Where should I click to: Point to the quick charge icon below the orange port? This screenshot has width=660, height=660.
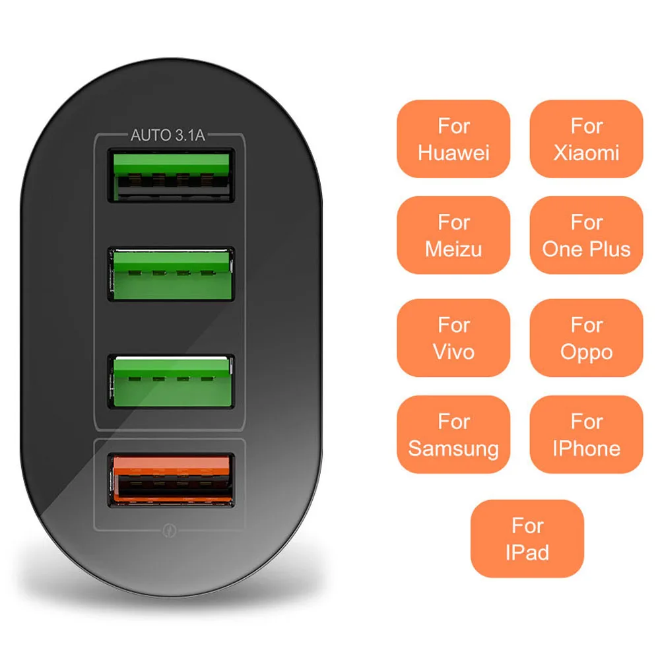point(169,529)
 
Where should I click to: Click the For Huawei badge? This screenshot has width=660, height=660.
point(453,139)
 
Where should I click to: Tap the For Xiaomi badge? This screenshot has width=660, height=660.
point(586,139)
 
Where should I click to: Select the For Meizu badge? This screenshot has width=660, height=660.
point(453,235)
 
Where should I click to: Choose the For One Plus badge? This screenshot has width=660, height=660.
point(586,235)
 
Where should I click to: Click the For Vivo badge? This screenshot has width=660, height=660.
point(453,338)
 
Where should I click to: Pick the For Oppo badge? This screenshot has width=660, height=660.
point(586,338)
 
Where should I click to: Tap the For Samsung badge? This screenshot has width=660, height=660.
point(453,434)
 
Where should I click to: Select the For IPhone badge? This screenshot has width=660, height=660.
point(586,434)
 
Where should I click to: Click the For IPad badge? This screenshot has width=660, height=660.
point(527,539)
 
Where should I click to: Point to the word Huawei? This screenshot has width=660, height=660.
point(453,153)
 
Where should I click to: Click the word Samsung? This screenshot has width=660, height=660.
point(453,449)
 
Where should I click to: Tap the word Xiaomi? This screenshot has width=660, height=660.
point(586,153)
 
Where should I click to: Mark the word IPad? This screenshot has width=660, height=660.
point(527,552)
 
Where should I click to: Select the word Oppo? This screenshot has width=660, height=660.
point(586,352)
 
